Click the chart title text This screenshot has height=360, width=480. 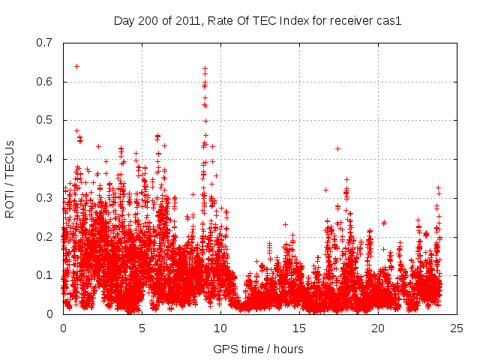257,21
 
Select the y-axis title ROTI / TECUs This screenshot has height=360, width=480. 10,178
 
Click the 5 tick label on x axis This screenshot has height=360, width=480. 142,328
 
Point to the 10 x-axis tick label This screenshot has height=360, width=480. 220,328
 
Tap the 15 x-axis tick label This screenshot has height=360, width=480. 299,328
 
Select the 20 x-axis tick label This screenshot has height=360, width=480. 378,328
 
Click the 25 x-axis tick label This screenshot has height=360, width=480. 457,328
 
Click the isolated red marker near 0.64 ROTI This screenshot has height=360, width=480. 77,66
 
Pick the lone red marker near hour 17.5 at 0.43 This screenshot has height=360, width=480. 338,148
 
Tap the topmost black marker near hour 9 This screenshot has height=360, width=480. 205,68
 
